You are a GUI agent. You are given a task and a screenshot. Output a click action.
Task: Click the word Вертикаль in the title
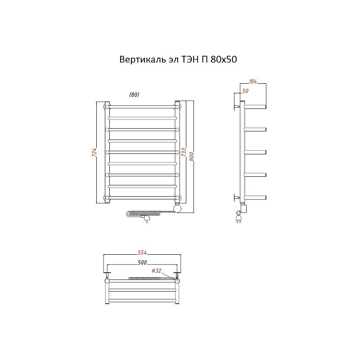click(142, 59)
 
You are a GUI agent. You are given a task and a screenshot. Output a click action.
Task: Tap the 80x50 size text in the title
click(223, 59)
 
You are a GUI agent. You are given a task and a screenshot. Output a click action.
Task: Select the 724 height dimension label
click(94, 153)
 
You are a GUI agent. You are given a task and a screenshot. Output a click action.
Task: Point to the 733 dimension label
click(184, 152)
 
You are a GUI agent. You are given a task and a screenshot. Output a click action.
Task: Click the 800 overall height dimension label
click(192, 156)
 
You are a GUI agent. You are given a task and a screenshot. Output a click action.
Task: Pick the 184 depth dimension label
click(252, 81)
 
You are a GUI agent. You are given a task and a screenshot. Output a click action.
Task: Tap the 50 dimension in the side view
click(245, 91)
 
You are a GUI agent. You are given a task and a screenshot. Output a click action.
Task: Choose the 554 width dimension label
click(142, 252)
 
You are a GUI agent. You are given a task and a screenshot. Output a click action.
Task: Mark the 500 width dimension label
click(142, 262)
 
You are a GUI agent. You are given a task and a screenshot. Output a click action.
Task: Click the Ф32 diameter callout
click(156, 271)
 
